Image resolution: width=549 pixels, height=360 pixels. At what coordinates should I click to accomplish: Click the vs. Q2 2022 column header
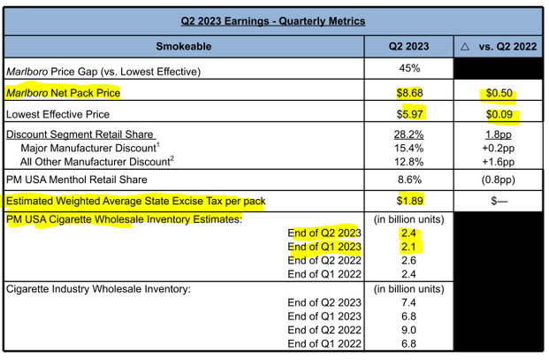coord(499,45)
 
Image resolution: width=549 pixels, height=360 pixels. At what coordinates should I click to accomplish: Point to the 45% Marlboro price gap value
coord(408,68)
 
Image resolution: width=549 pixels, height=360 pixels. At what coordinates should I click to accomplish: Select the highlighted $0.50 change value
coord(499,92)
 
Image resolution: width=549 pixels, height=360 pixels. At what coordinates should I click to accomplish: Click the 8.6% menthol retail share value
coord(408,180)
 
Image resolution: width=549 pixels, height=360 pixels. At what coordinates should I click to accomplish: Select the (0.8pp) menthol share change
coord(499,180)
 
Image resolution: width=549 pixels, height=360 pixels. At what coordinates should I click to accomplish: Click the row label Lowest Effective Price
coord(60,114)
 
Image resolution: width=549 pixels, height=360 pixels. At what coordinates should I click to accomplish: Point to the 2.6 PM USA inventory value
coord(408,261)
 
